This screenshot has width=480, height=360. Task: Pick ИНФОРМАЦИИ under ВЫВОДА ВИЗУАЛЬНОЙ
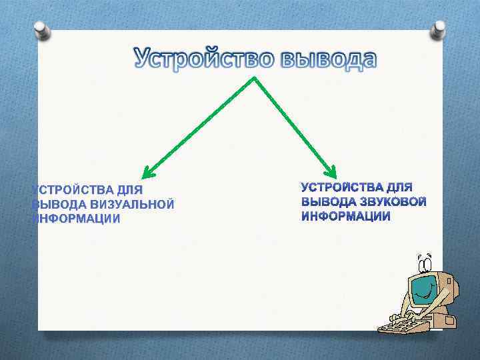pyautogui.click(x=76, y=219)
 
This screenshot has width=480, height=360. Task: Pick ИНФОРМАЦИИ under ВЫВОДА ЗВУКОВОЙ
pyautogui.click(x=346, y=216)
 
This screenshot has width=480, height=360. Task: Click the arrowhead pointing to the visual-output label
pyautogui.click(x=148, y=175)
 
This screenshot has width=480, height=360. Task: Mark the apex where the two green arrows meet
pyautogui.click(x=253, y=77)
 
